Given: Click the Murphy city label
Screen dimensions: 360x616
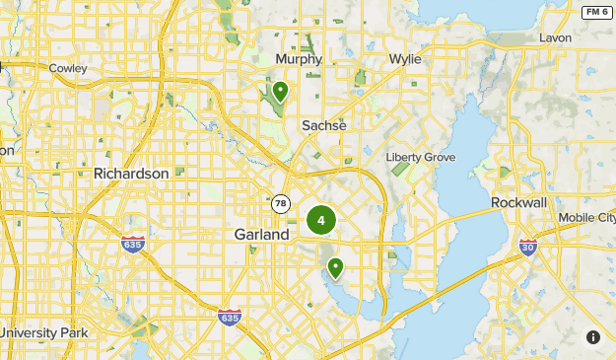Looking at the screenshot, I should coord(300,59).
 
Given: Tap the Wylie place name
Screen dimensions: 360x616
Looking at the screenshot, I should coord(404,59).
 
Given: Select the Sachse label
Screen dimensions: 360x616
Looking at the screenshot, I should coord(324,125).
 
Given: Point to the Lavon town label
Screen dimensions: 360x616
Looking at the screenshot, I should coord(555,37).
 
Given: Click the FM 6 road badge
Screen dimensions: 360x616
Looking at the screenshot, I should coord(595,12).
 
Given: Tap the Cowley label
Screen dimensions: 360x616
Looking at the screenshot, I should coord(67,68).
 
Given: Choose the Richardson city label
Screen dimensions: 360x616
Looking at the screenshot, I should coord(139,173).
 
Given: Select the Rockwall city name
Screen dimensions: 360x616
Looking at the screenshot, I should coord(518,202).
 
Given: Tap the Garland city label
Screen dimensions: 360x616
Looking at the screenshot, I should coord(262,235).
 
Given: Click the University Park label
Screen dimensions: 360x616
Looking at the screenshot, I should coord(44,332).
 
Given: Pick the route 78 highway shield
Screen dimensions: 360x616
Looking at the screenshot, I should coord(282,203).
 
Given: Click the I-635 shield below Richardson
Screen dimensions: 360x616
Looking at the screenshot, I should coord(133,243).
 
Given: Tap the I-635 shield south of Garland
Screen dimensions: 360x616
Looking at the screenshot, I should coord(230,317).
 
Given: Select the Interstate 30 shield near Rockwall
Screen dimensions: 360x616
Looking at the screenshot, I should coord(528,246).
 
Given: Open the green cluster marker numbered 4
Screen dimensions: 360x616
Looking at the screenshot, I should coord(321,220).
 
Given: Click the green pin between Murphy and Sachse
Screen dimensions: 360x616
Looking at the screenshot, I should coord(281,92).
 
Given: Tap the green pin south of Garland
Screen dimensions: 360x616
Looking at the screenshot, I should coord(335,267).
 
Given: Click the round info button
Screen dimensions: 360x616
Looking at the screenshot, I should coord(593,337).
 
